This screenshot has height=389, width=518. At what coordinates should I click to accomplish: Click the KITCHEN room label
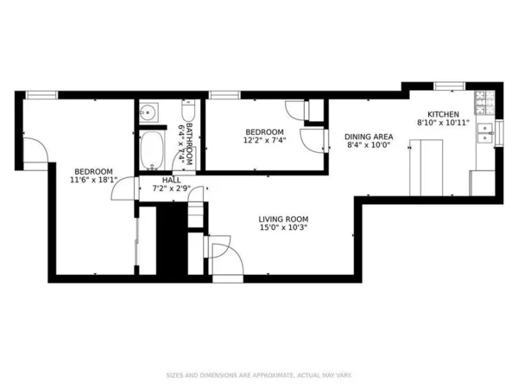coord(444,114)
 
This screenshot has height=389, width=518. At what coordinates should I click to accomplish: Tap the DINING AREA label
coord(369,137)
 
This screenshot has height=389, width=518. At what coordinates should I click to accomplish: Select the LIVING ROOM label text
coord(283,219)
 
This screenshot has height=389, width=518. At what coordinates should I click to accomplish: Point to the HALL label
coord(172,180)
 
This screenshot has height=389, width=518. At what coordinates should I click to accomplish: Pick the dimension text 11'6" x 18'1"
coord(97,180)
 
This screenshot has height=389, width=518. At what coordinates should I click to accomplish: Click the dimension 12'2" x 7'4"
coord(263,140)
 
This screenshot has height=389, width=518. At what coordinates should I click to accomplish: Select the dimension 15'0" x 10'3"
coord(283,228)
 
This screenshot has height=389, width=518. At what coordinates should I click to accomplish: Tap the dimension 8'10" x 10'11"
coord(443,124)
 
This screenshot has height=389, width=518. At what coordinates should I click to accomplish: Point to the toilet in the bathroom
coord(186,112)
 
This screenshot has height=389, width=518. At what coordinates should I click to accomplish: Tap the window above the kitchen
coord(449,85)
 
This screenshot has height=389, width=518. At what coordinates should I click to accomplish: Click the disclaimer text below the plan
coord(258,375)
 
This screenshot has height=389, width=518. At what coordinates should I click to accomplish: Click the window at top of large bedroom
coord(41,94)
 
